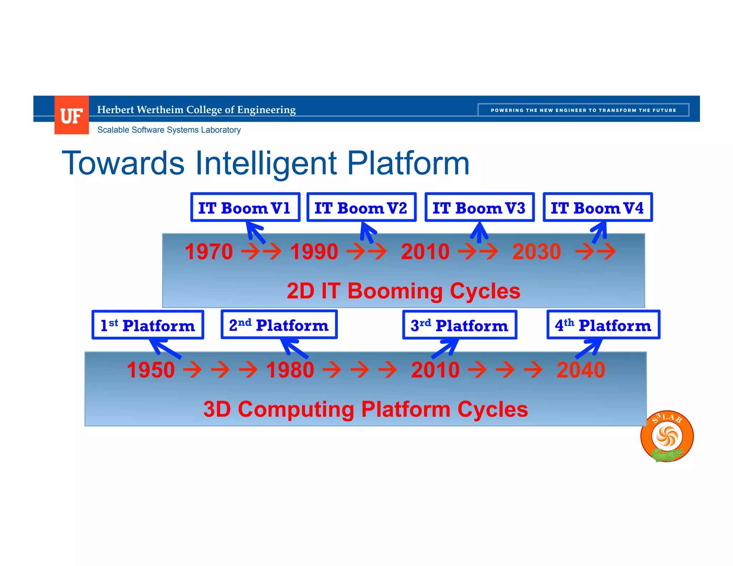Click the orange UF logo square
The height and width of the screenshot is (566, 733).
(72, 115)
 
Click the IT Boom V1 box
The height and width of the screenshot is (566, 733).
(245, 208)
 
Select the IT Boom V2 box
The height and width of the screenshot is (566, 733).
(361, 208)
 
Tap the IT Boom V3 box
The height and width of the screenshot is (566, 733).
(480, 208)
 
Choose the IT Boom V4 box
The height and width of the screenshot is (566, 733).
(598, 208)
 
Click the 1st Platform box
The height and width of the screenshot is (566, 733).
(148, 325)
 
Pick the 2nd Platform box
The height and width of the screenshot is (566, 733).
(279, 325)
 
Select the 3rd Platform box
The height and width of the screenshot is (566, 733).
(460, 325)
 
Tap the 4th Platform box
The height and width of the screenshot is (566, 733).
(603, 325)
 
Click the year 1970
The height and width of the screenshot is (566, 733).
(209, 252)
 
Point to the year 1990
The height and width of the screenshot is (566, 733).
(314, 252)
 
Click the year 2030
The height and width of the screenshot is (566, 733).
(537, 252)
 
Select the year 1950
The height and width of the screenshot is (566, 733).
(151, 370)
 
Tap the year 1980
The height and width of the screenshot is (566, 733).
(290, 370)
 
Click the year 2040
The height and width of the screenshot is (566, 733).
(581, 370)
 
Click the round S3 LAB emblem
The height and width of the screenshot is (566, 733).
(667, 436)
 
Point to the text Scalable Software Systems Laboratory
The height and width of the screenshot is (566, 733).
(169, 130)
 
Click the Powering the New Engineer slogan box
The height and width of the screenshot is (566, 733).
(583, 110)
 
